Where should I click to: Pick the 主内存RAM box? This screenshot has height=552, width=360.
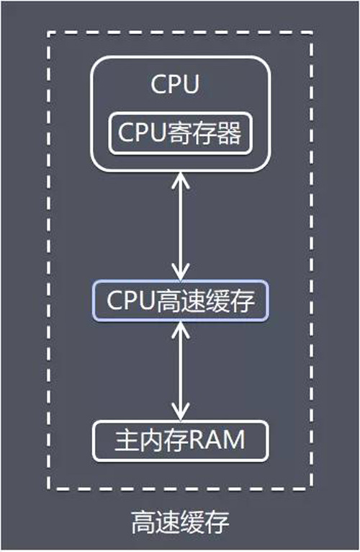(180, 440)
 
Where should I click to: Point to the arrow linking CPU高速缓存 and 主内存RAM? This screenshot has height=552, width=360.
(181, 370)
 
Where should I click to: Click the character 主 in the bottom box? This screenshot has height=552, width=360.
(126, 441)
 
